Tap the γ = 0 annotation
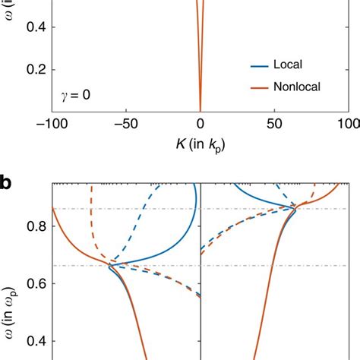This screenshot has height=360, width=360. (x=75, y=96)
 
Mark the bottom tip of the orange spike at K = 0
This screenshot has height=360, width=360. (x=200, y=111)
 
